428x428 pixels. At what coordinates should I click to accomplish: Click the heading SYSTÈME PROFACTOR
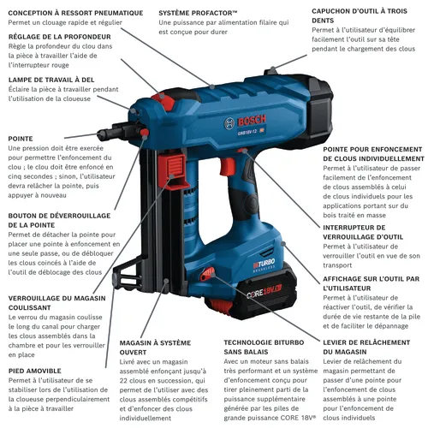pyautogui.click(x=198, y=13)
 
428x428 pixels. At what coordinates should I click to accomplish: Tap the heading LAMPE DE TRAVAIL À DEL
pyautogui.click(x=51, y=80)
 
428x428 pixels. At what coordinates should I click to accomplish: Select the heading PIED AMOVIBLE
pyautogui.click(x=35, y=371)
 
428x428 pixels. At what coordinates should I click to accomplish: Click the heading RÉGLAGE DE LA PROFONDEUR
pyautogui.click(x=60, y=37)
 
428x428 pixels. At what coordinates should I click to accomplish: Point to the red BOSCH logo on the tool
pyautogui.click(x=252, y=121)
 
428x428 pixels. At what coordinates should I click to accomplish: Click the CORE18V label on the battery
pyautogui.click(x=265, y=292)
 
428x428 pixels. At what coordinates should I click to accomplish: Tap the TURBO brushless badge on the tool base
pyautogui.click(x=264, y=265)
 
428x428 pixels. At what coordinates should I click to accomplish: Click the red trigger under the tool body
pyautogui.click(x=228, y=166)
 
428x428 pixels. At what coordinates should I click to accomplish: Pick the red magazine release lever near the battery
pyautogui.click(x=207, y=274)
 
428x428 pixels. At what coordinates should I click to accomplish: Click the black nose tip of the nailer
pyautogui.click(x=104, y=134)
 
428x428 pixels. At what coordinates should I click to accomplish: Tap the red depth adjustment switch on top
pyautogui.click(x=163, y=100)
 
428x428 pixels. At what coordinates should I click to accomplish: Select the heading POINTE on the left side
pyautogui.click(x=21, y=139)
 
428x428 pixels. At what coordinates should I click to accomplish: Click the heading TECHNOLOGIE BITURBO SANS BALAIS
pyautogui.click(x=264, y=348)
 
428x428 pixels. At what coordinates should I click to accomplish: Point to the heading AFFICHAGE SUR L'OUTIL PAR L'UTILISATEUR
pyautogui.click(x=372, y=283)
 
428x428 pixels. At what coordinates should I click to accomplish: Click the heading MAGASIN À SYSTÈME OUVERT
pyautogui.click(x=155, y=348)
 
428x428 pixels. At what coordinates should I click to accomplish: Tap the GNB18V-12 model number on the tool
pyautogui.click(x=247, y=133)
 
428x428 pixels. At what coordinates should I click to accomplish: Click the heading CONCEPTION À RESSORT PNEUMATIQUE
pyautogui.click(x=75, y=13)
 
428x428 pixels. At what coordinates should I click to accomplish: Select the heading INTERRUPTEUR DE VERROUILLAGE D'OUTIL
pyautogui.click(x=363, y=232)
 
